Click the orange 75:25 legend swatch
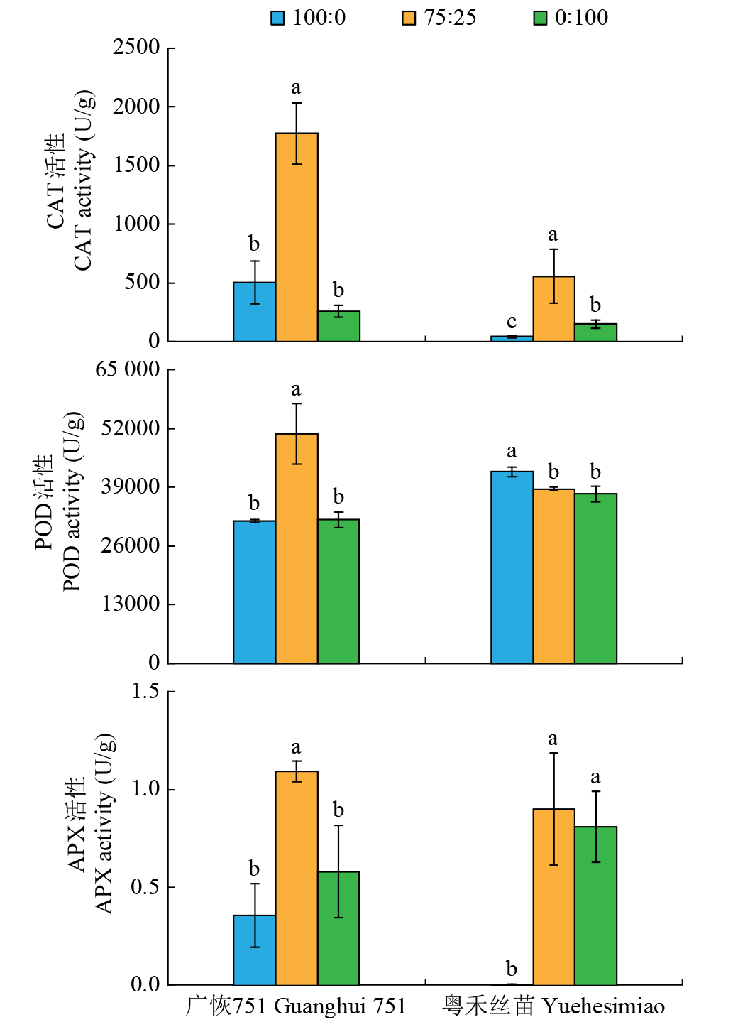coord(409,18)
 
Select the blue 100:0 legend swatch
coord(277,18)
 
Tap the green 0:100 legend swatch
coord(540,18)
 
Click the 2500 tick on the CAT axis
coord(136,48)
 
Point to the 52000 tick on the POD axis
coord(131,428)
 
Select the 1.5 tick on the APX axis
coord(145,692)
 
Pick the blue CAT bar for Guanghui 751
coord(254,312)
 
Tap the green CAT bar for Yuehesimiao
coord(595,332)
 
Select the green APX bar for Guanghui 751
coord(338,928)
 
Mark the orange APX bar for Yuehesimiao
coord(553,896)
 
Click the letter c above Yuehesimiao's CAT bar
coord(512,322)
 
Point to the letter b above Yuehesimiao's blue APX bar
coord(512,968)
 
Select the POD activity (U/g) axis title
coord(72,501)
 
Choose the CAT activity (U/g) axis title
coord(83,180)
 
